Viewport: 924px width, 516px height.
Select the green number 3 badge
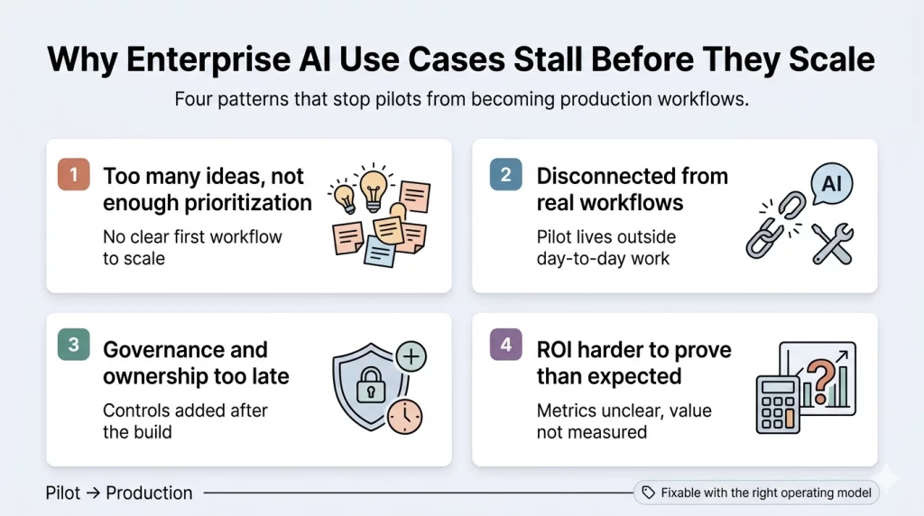coord(73,346)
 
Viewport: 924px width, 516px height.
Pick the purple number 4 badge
coord(506,346)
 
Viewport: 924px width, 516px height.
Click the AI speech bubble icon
coord(831,185)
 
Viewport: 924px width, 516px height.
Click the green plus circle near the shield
coord(411,356)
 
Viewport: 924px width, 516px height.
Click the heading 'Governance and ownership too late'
coord(195,363)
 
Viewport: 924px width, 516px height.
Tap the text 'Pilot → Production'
coord(119,493)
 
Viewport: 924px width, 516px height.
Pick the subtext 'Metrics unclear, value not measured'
coord(624,421)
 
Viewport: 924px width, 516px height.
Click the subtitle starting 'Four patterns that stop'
coord(461,99)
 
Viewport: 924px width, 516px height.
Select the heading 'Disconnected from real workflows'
coord(632,189)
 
